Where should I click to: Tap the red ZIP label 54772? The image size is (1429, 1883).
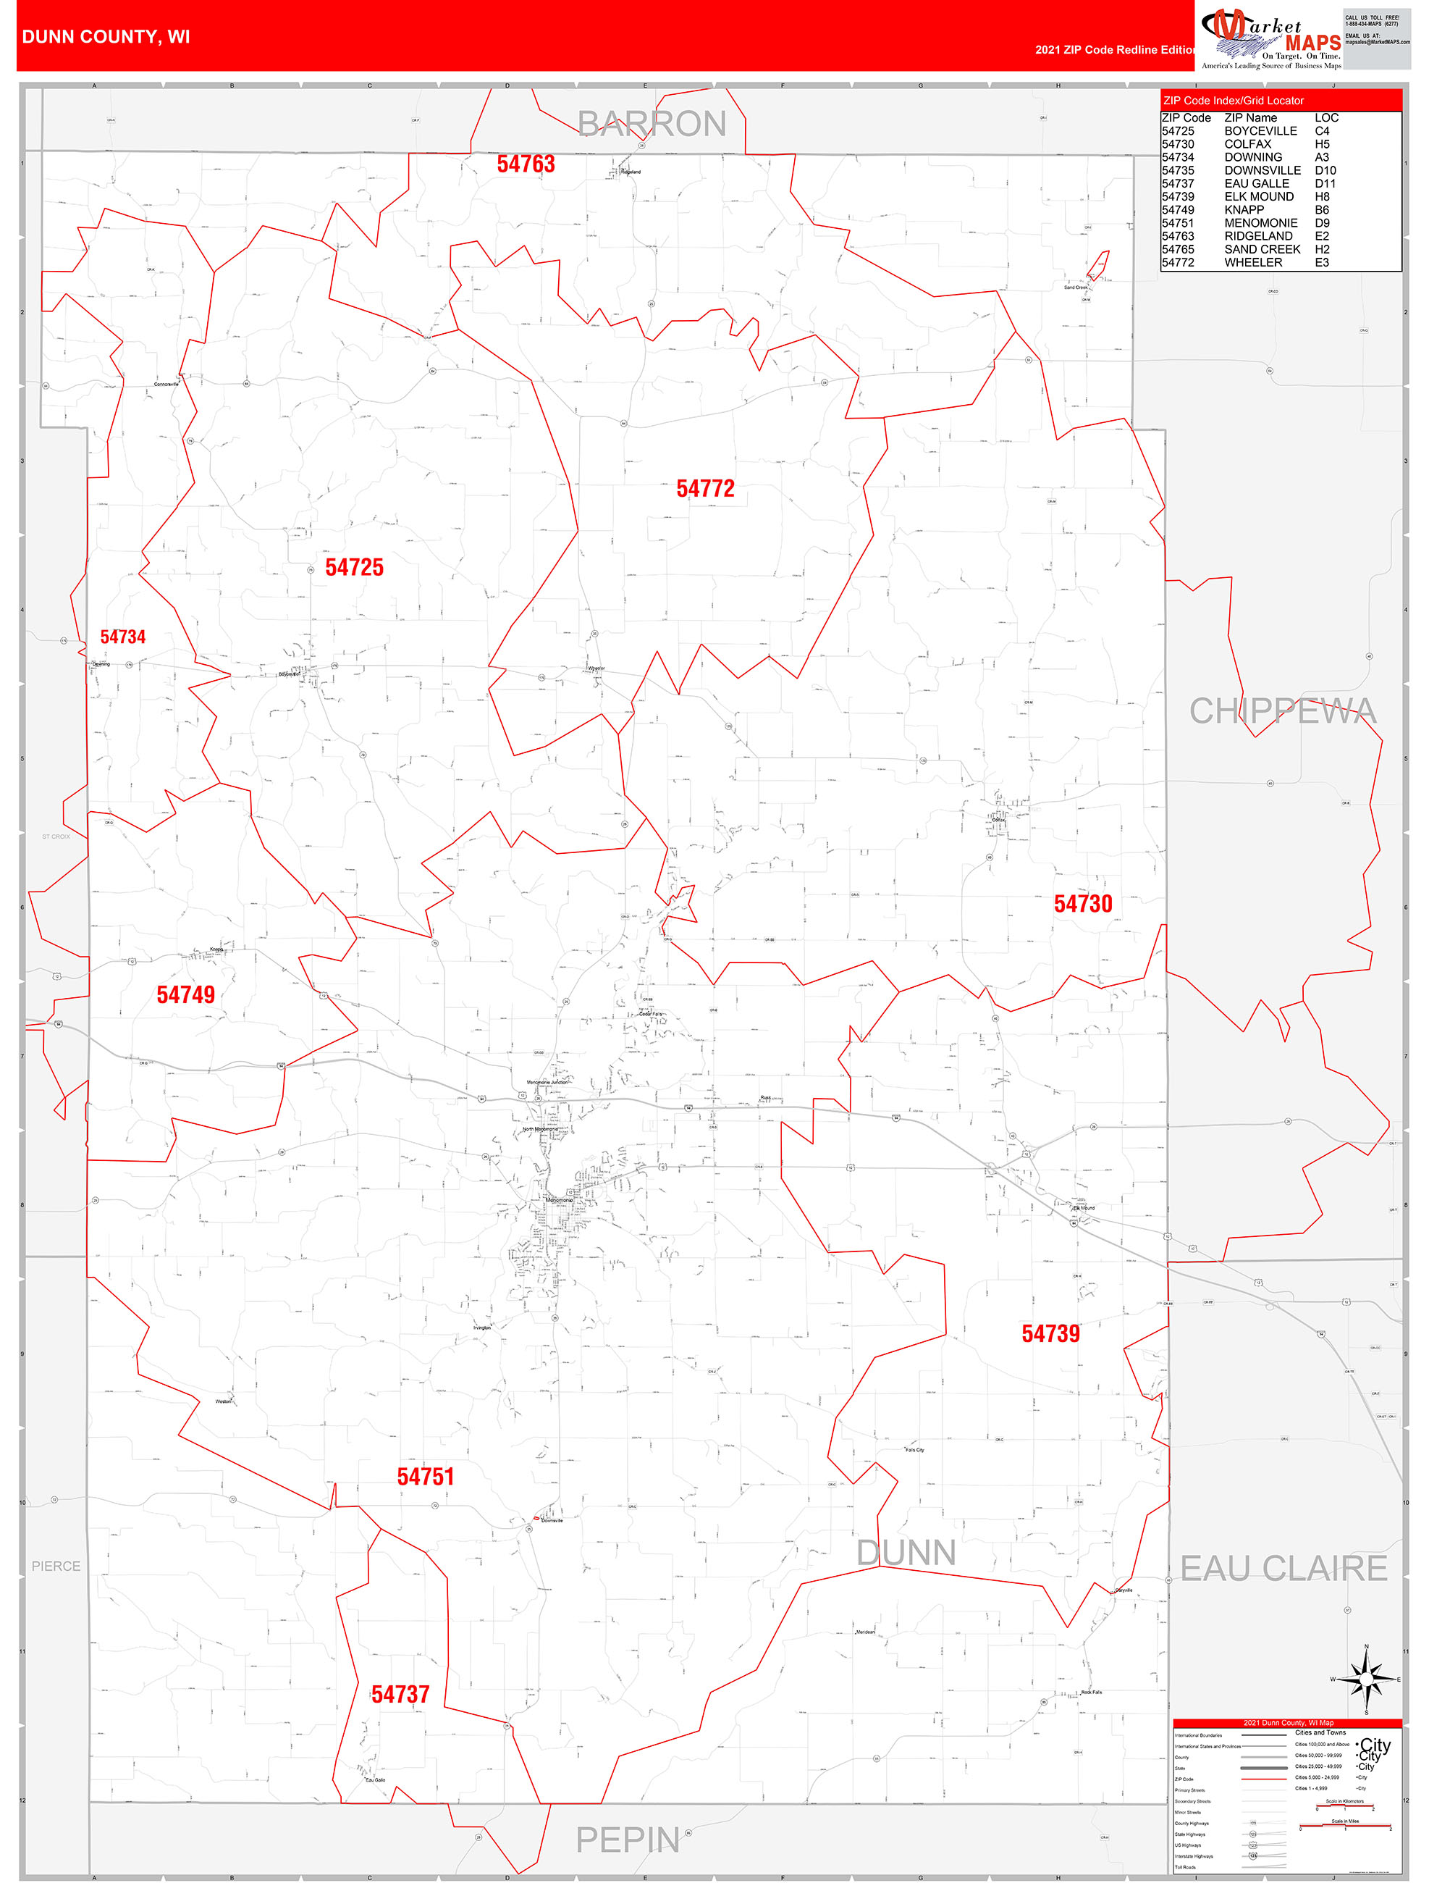(704, 489)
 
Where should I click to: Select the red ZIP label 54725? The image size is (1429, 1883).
(354, 568)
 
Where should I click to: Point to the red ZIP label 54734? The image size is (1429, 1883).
(122, 637)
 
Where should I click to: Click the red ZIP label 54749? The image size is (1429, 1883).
(185, 994)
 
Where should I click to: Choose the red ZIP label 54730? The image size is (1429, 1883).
(1082, 904)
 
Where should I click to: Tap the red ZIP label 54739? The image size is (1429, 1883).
(1050, 1334)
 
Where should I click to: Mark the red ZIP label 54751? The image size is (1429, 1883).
(426, 1477)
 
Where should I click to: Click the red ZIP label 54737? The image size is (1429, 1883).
(400, 1694)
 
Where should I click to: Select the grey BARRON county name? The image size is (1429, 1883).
(652, 125)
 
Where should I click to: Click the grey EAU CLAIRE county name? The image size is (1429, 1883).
(1283, 1568)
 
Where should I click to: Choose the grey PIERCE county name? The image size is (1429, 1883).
(56, 1567)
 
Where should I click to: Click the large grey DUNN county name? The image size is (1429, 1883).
(906, 1553)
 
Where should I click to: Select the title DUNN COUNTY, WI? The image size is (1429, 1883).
(106, 37)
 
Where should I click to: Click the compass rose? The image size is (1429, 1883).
(1366, 1679)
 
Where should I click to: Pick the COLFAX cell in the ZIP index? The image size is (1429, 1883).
(1248, 145)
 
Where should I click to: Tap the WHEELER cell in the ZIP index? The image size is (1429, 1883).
(1253, 263)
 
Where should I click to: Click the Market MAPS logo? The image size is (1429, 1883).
(1270, 38)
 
